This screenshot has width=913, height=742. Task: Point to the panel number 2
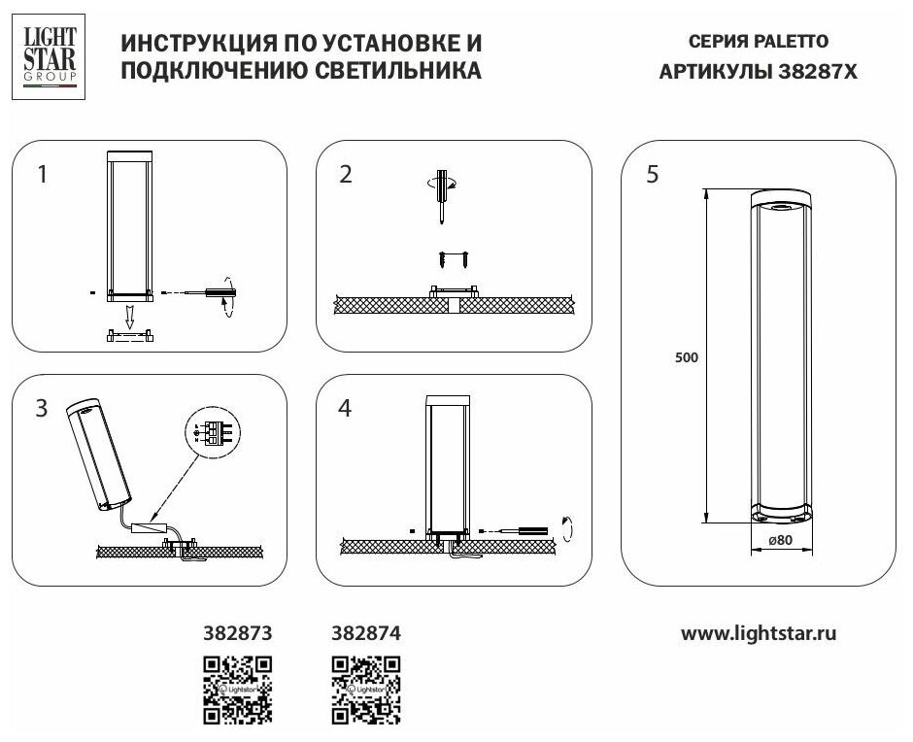pyautogui.click(x=346, y=175)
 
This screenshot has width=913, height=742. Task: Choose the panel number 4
pyautogui.click(x=346, y=409)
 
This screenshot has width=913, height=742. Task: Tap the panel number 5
pyautogui.click(x=652, y=175)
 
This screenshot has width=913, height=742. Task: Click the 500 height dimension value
pyautogui.click(x=687, y=356)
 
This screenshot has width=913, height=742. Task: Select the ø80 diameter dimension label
pyautogui.click(x=781, y=540)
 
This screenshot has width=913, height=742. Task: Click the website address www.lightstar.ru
pyautogui.click(x=759, y=632)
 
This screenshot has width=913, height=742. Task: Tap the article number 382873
pyautogui.click(x=235, y=632)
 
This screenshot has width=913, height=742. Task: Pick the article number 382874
pyautogui.click(x=365, y=632)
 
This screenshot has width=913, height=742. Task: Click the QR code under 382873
pyautogui.click(x=235, y=690)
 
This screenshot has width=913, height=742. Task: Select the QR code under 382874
pyautogui.click(x=365, y=690)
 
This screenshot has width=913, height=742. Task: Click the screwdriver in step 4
pyautogui.click(x=529, y=530)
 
